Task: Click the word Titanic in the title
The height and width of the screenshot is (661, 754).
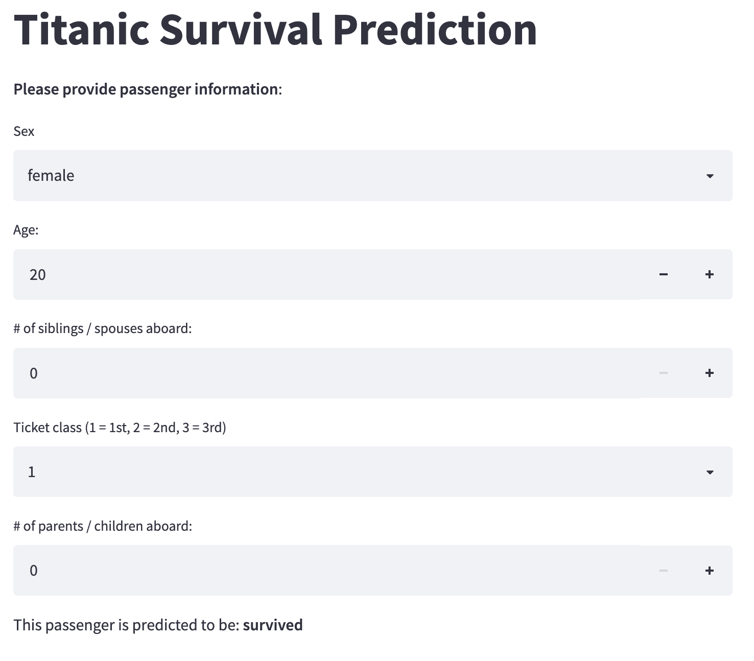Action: coord(82,30)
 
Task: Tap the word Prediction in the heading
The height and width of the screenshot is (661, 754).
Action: coord(435,30)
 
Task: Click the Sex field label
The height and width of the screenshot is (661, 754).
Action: coord(24,131)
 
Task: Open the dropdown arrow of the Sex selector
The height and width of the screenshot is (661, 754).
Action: coord(710,176)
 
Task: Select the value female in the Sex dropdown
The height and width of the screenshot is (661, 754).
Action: coord(51,175)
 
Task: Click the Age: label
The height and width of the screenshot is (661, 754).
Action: coord(26,230)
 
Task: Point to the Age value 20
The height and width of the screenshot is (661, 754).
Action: coord(38,275)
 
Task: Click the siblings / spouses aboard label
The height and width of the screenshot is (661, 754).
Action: coord(103,328)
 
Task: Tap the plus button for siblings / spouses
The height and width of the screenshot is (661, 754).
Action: coord(710,373)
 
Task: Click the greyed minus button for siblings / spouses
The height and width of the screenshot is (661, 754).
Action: coord(663,373)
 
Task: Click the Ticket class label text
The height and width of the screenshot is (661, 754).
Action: coord(120,428)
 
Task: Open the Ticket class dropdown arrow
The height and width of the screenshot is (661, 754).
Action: coord(710,473)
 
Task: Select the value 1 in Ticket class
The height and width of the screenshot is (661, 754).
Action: coord(32,472)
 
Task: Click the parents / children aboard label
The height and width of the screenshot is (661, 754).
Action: coord(103,526)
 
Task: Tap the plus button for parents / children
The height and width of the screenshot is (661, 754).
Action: coord(710,571)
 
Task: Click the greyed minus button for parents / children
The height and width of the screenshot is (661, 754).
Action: coord(663,571)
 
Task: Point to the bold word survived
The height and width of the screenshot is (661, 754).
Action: coord(273,625)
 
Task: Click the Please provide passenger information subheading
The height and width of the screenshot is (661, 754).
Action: coord(148,89)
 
